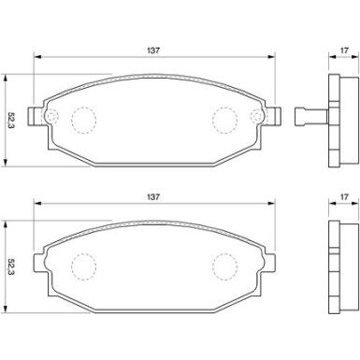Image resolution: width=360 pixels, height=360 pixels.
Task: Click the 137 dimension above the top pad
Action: (x=153, y=50)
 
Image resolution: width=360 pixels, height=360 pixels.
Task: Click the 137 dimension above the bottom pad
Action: (x=153, y=196)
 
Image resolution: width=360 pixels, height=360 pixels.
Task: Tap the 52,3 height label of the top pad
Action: (x=11, y=121)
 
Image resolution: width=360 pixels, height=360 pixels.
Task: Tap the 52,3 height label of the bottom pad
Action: (x=11, y=266)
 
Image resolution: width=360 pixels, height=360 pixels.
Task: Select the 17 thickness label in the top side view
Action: (x=344, y=50)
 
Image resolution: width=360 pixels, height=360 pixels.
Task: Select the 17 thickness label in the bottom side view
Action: (x=344, y=196)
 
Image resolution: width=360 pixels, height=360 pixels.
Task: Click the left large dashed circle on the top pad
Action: (x=84, y=121)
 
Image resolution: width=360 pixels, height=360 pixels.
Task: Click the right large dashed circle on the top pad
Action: (x=225, y=121)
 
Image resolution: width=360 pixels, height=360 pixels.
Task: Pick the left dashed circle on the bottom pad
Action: (x=84, y=266)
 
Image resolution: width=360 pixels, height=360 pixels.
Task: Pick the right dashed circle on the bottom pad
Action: (x=225, y=266)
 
